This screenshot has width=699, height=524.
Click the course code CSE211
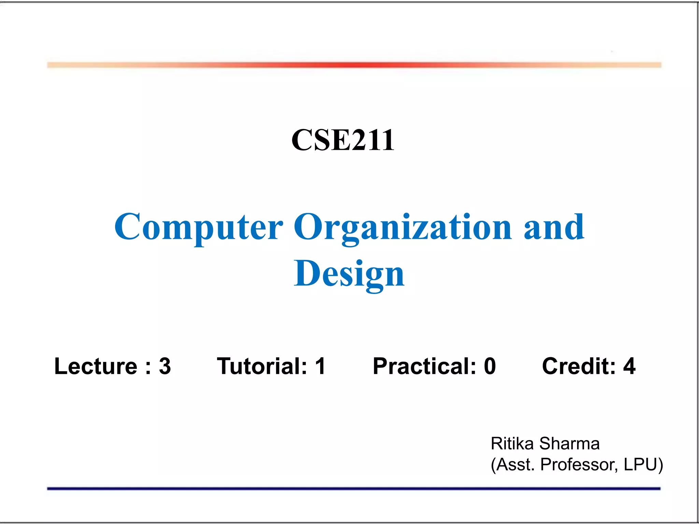point(343,140)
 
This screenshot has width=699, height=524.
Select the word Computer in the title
point(199,227)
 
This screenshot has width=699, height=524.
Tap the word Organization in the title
point(403,227)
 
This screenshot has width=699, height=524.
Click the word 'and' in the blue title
point(554,227)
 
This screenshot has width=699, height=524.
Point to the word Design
point(349,274)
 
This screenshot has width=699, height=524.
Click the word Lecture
point(96,366)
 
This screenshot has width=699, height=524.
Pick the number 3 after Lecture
point(165,366)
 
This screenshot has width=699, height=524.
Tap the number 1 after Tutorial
point(320,366)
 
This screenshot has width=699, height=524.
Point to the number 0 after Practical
point(490,366)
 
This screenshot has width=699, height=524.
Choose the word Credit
point(579,366)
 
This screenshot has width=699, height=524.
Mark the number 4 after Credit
point(629,366)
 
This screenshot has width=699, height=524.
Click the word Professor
point(579,465)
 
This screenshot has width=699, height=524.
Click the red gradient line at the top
point(354,65)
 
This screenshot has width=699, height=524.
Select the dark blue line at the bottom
point(354,489)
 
